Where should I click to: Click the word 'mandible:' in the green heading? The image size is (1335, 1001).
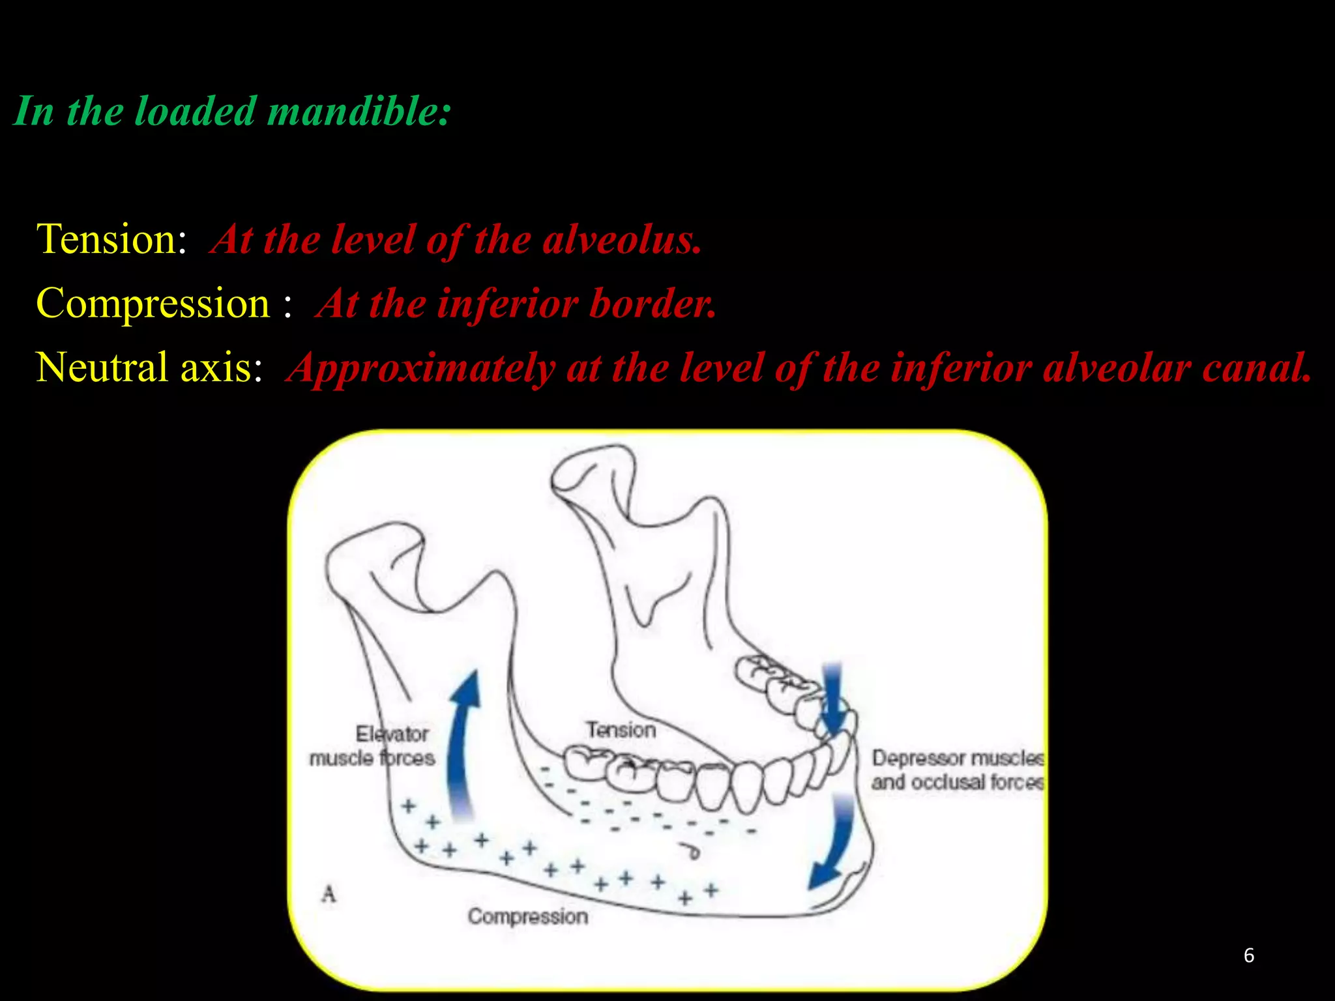359,111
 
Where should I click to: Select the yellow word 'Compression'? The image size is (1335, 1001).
153,303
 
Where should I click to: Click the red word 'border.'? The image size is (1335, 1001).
653,304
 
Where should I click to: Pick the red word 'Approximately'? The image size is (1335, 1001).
421,368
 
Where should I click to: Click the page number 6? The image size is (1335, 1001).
1249,955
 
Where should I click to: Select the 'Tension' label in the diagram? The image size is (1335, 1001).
621,730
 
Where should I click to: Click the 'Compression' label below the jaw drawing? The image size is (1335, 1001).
528,916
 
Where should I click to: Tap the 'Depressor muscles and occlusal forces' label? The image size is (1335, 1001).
958,770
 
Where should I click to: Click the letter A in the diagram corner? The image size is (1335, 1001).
329,893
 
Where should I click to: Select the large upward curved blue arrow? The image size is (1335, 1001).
463,743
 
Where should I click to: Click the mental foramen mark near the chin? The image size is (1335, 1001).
691,850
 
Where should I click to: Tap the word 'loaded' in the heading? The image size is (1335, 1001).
195,111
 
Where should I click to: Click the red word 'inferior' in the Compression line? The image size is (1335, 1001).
508,304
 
